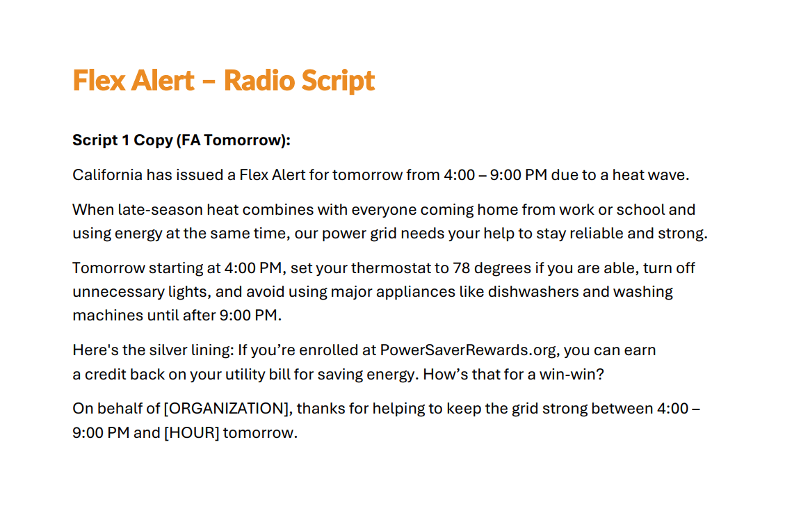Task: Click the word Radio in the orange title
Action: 259,80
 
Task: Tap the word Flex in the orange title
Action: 99,80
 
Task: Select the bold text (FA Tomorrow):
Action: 233,140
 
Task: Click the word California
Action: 107,174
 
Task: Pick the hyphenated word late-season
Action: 160,209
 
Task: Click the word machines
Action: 108,315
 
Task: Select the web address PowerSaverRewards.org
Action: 468,350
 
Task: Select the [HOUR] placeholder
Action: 192,433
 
